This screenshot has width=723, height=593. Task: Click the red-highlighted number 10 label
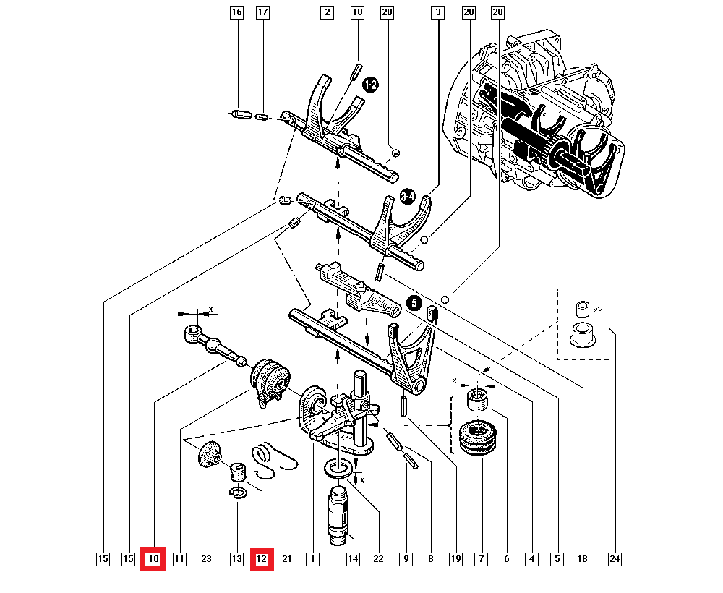(153, 559)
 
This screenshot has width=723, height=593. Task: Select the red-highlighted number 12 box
(261, 559)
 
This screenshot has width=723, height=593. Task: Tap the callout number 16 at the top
(236, 12)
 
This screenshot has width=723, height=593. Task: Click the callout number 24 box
(615, 559)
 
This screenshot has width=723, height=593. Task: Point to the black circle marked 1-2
(370, 86)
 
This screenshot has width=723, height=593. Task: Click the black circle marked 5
(414, 304)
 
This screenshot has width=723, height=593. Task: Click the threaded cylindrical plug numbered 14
(338, 515)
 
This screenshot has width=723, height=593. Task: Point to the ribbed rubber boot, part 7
(478, 438)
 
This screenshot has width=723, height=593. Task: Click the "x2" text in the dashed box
(598, 309)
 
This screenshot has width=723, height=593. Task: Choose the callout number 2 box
(328, 12)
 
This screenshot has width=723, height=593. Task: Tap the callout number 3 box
(437, 12)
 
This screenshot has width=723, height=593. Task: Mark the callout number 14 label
(352, 559)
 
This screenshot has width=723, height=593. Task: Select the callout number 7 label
(479, 559)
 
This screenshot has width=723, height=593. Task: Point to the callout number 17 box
(262, 12)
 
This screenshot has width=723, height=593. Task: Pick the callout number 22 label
(378, 559)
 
